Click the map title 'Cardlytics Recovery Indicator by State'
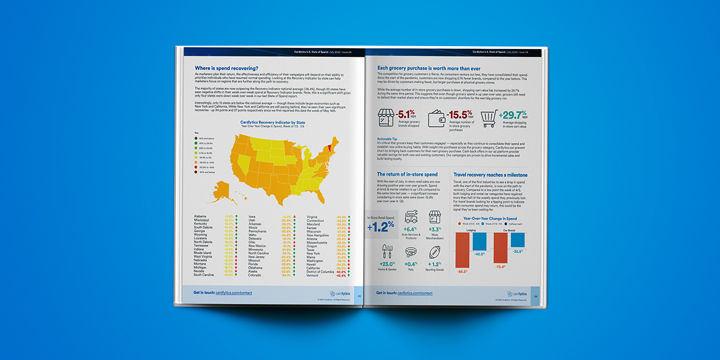coord(273,121)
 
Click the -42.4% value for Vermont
coord(340,276)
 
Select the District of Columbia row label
coord(320,272)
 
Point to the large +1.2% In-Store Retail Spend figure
coord(380,227)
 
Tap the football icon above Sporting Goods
coord(434,252)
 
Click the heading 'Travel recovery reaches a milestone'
coord(490,175)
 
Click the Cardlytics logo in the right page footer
coord(517,293)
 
